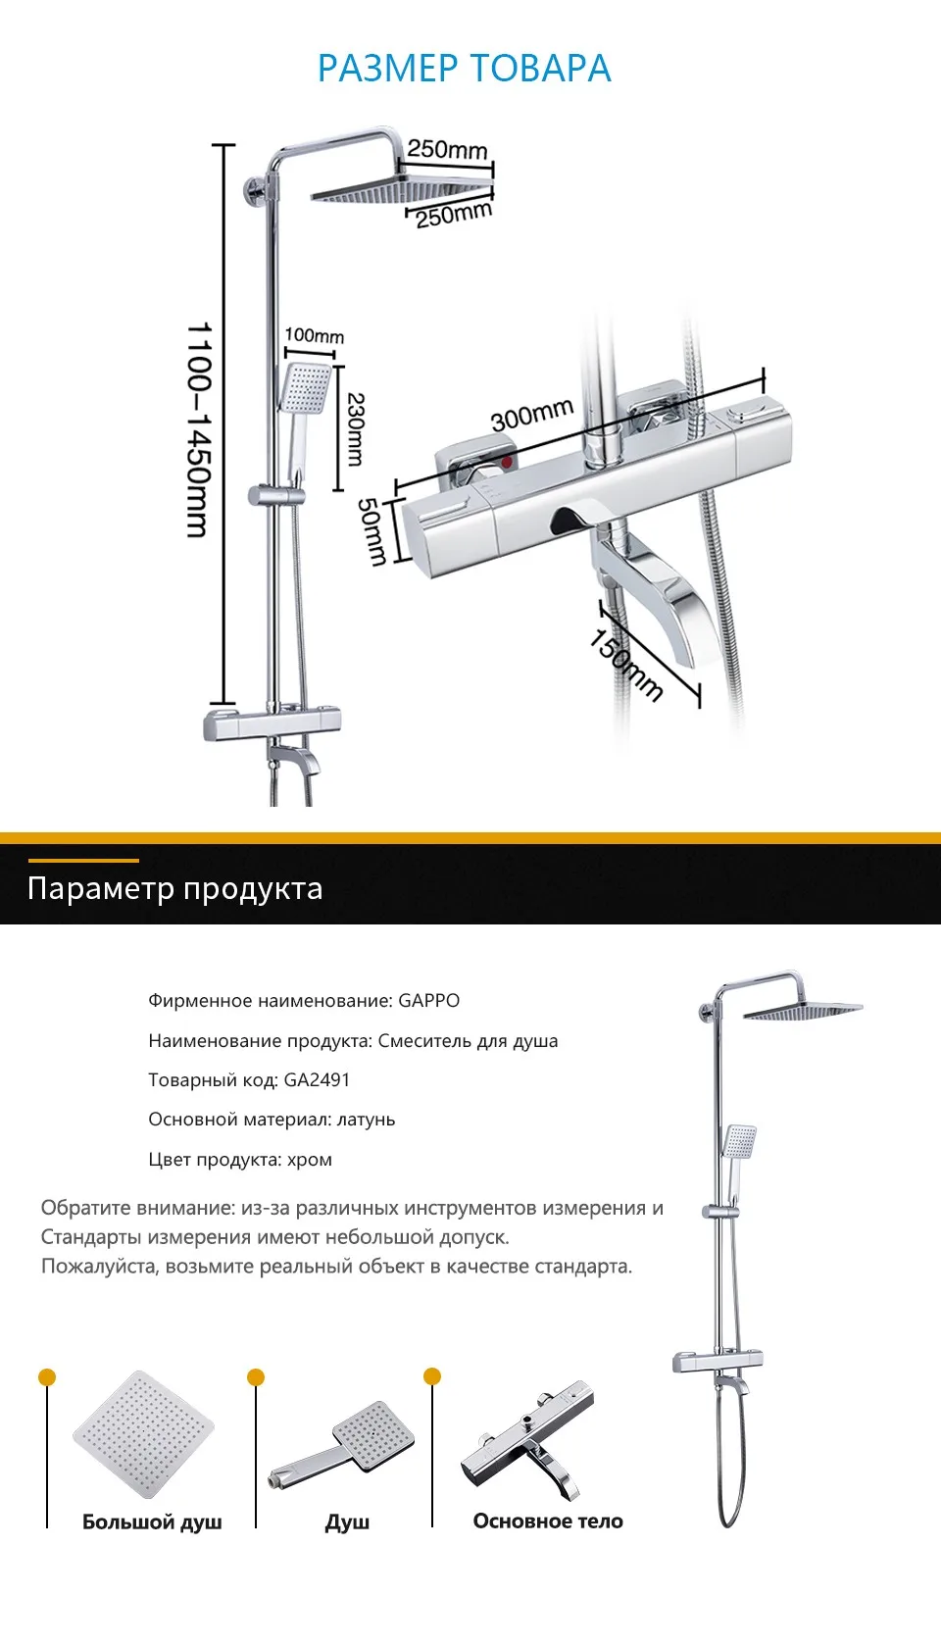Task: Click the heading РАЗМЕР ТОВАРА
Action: point(464,69)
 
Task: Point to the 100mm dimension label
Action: point(314,336)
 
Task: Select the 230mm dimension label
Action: point(355,428)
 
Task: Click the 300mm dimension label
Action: point(531,416)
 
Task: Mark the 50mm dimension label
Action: point(371,530)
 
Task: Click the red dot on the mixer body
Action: point(507,460)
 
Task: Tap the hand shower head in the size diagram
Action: point(306,388)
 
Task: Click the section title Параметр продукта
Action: point(174,888)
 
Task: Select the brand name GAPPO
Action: point(428,1001)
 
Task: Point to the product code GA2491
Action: point(317,1080)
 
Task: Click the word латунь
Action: point(366,1120)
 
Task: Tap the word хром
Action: point(309,1160)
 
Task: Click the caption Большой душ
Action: point(152,1521)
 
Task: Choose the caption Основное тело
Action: point(548,1521)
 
